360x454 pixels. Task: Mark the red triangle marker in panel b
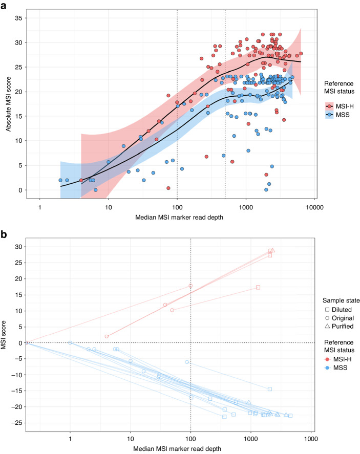(272, 250)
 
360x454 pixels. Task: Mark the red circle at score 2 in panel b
(107, 336)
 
